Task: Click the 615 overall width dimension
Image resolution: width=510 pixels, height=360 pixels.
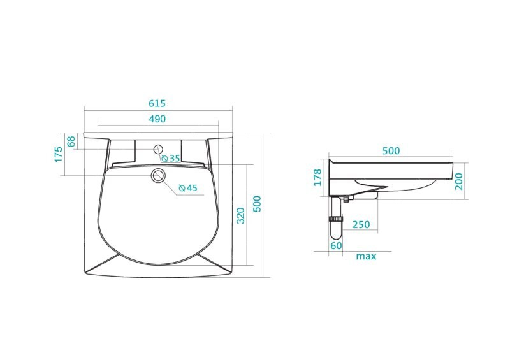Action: coord(157,103)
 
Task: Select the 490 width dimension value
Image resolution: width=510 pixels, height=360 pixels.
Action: coord(157,119)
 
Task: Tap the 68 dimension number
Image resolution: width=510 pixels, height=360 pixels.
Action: coord(71,141)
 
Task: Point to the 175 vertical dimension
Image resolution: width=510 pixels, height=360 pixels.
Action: coord(58,154)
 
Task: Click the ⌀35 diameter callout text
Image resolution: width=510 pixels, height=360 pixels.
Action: coord(171,159)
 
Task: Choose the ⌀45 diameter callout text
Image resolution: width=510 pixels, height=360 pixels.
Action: coord(188,188)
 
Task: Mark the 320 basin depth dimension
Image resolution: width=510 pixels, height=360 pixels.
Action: coord(240,215)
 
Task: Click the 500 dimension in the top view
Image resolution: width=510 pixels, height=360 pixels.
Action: coord(257,204)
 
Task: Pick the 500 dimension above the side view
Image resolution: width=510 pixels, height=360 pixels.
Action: coord(391,151)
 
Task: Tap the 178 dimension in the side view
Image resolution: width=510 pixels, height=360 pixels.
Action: coord(317,177)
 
